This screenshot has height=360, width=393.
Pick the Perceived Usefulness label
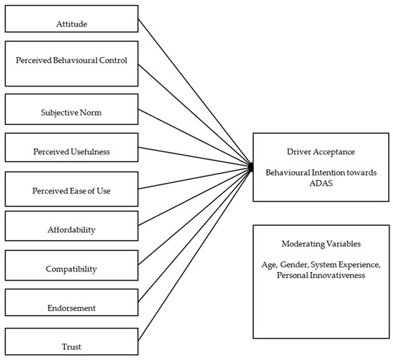click(71, 152)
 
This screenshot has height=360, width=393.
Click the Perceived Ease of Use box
click(71, 191)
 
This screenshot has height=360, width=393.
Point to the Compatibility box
click(71, 269)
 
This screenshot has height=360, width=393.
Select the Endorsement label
click(71, 308)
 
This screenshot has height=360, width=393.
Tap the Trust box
click(71, 346)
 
